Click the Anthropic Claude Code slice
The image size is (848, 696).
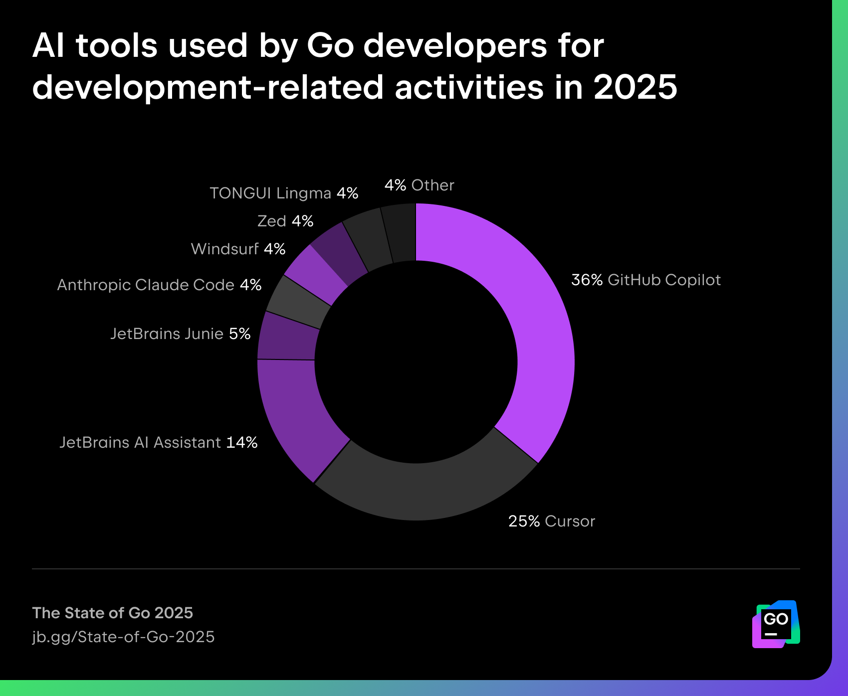298,301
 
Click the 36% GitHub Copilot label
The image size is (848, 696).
645,280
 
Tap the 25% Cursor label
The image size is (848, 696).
551,522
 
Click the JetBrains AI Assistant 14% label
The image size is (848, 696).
158,443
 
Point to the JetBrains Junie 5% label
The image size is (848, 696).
180,334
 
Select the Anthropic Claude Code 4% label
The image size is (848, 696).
159,285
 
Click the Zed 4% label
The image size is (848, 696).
285,221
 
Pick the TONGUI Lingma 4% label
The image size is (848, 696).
284,193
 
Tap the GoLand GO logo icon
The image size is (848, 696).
776,624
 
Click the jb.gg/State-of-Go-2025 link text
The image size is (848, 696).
123,637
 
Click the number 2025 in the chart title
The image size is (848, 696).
635,87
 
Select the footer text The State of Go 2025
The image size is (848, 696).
112,613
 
